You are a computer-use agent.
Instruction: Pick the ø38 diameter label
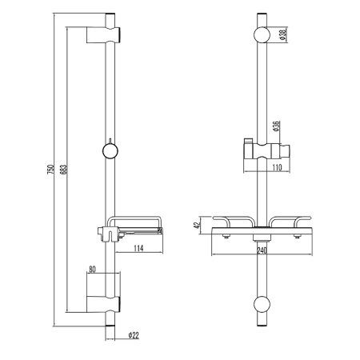point(284,35)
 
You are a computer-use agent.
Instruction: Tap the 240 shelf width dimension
point(261,248)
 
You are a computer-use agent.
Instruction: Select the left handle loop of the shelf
point(232,221)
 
